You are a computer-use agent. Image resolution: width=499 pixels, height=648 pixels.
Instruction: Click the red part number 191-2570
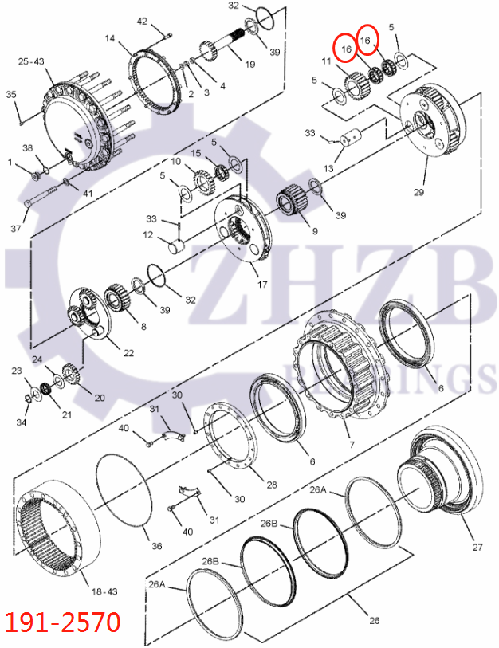pyautogui.click(x=63, y=621)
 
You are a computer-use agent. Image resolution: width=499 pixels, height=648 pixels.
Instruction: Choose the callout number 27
pyautogui.click(x=477, y=547)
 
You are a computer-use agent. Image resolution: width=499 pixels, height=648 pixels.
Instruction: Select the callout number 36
pyautogui.click(x=156, y=546)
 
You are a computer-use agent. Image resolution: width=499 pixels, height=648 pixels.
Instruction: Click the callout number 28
pyautogui.click(x=271, y=485)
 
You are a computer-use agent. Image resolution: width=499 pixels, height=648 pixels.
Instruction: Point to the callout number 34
pyautogui.click(x=22, y=422)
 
